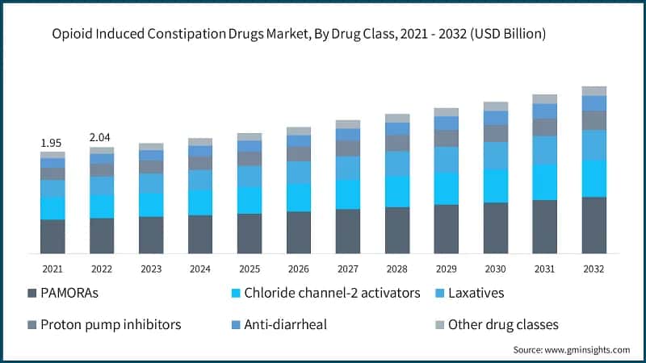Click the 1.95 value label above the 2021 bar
pos(52,143)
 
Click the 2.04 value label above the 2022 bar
pos(102,138)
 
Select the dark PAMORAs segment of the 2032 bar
pos(594,225)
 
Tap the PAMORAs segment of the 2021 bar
pos(52,236)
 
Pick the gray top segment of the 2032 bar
pos(594,90)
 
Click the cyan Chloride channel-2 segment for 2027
pos(348,194)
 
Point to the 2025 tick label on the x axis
pos(250,268)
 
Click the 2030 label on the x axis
pos(496,268)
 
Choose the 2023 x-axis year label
pos(151,268)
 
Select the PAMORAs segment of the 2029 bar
pos(447,229)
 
